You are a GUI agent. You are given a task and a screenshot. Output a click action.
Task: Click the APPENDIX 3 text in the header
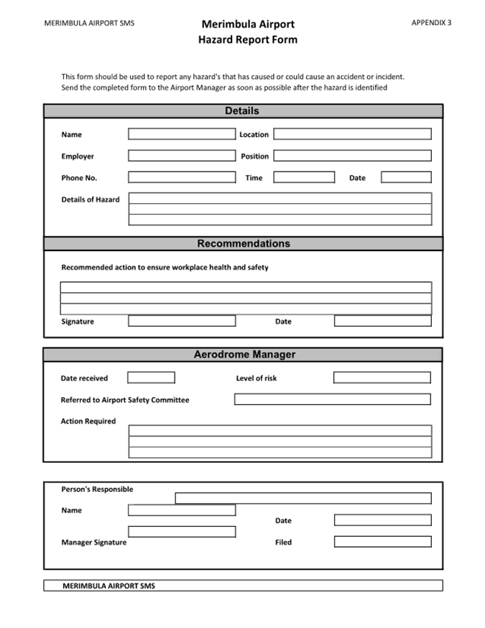tap(431, 22)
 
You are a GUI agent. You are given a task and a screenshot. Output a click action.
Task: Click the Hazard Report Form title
tap(247, 39)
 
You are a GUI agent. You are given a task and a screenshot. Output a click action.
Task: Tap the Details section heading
tap(242, 111)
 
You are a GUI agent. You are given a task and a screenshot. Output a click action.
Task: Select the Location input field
tap(352, 134)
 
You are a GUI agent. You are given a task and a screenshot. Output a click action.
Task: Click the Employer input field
tap(182, 156)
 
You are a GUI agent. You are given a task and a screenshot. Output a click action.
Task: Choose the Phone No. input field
tap(182, 177)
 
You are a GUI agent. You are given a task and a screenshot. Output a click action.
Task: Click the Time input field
tap(304, 177)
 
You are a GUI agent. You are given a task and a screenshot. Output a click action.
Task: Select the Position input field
tap(352, 156)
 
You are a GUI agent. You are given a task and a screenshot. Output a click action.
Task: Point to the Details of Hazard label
tap(91, 199)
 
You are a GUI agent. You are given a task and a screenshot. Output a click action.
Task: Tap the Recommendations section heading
tap(244, 243)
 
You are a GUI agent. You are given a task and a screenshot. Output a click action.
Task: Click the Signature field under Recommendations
tap(182, 321)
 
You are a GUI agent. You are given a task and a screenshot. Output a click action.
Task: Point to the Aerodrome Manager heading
tap(244, 355)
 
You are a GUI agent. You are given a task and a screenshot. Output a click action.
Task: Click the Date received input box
tap(151, 378)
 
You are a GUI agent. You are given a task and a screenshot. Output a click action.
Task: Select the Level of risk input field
tap(382, 378)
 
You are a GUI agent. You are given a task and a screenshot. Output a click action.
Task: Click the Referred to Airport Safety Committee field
tap(332, 399)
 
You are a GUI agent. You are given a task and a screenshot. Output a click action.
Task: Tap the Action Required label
tap(88, 421)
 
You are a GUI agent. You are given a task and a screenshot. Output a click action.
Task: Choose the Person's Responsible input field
tap(303, 498)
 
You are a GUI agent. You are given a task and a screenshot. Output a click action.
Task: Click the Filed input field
tap(382, 542)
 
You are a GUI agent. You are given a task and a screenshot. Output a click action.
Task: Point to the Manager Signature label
tap(93, 543)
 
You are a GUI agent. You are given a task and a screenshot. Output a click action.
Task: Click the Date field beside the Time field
tap(406, 177)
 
